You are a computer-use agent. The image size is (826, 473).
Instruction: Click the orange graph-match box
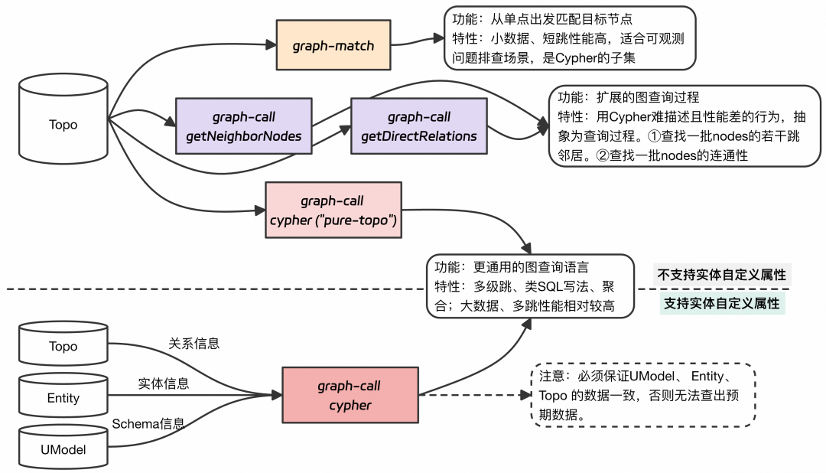pyautogui.click(x=333, y=45)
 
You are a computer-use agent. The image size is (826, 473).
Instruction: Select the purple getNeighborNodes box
pyautogui.click(x=243, y=126)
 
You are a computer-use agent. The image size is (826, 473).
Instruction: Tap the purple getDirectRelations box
pyautogui.click(x=418, y=126)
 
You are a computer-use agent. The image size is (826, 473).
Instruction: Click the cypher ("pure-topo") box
pyautogui.click(x=333, y=210)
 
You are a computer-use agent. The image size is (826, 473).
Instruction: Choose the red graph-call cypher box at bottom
pyautogui.click(x=350, y=395)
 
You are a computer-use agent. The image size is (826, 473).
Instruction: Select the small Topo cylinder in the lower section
pyautogui.click(x=63, y=347)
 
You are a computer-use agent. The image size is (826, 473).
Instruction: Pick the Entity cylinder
pyautogui.click(x=63, y=397)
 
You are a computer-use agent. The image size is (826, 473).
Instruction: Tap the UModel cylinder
pyautogui.click(x=63, y=449)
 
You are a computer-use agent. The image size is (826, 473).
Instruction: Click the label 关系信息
pyautogui.click(x=193, y=344)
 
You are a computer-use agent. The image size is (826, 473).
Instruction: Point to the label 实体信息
pyautogui.click(x=163, y=383)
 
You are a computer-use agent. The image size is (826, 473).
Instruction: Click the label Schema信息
pyautogui.click(x=148, y=423)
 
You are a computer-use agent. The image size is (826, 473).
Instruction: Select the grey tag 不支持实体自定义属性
pyautogui.click(x=721, y=275)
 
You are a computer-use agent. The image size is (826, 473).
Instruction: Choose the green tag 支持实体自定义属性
pyautogui.click(x=721, y=303)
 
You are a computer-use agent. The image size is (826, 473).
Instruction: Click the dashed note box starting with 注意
pyautogui.click(x=642, y=396)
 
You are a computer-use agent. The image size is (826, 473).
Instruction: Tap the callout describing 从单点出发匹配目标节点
pyautogui.click(x=570, y=37)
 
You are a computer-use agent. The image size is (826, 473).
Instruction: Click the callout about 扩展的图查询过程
pyautogui.click(x=685, y=126)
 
